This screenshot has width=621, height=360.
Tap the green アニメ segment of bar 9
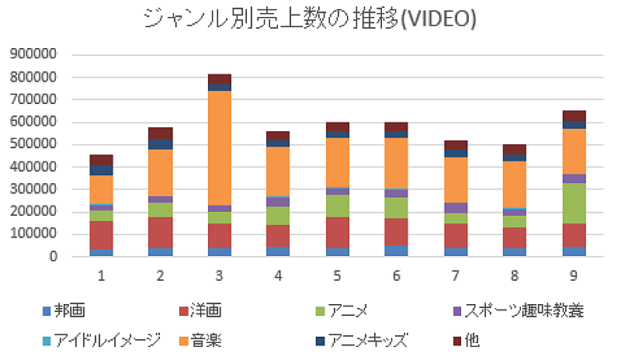pyautogui.click(x=574, y=203)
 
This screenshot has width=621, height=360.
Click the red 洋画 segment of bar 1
pyautogui.click(x=101, y=235)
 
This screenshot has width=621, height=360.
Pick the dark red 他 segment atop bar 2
pyautogui.click(x=160, y=133)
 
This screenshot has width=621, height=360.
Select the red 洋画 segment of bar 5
pyautogui.click(x=338, y=232)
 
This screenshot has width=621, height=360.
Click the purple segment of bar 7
pyautogui.click(x=456, y=208)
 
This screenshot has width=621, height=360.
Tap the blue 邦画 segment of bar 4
pyautogui.click(x=279, y=251)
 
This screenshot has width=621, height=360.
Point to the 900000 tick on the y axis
pyautogui.click(x=33, y=55)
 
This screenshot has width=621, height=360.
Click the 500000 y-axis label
pyautogui.click(x=33, y=144)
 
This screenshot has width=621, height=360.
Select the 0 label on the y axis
pyautogui.click(x=52, y=256)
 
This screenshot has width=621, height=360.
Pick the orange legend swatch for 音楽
pyautogui.click(x=183, y=340)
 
